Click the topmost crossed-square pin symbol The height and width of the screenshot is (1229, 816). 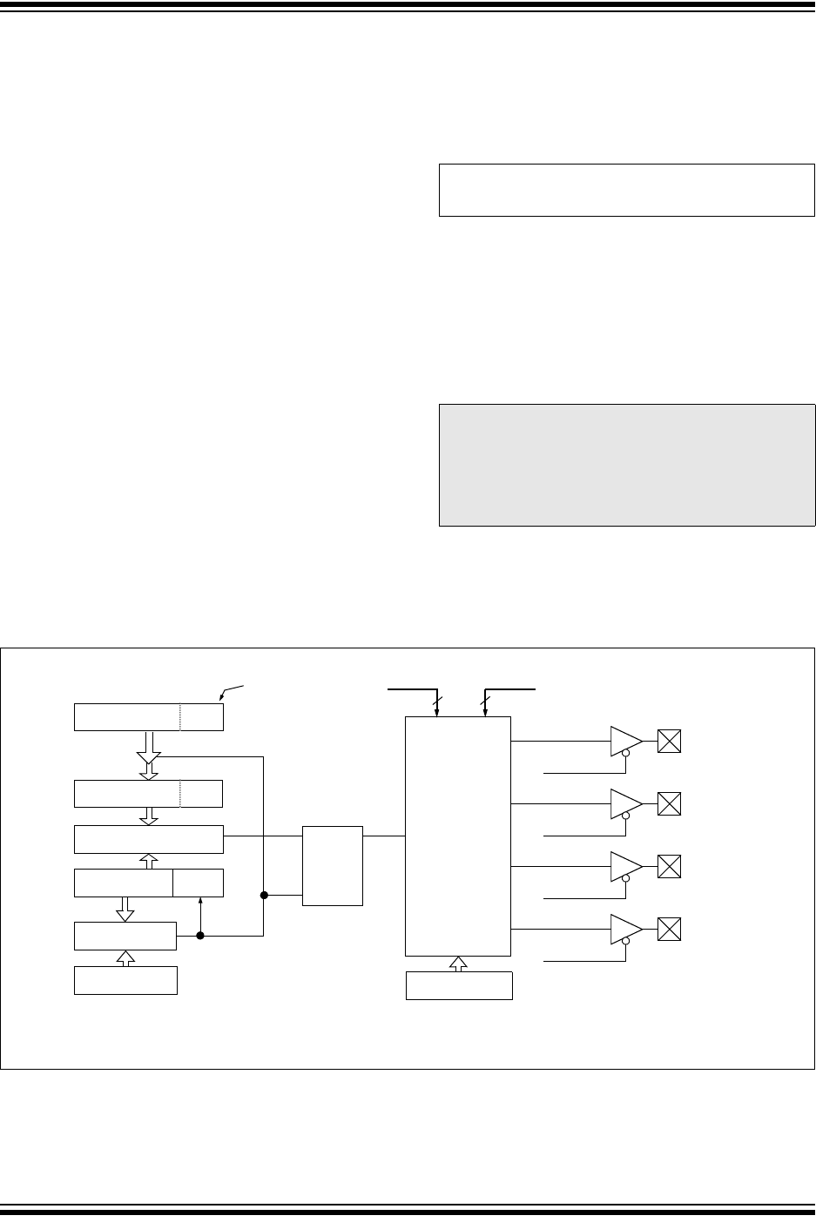tap(669, 742)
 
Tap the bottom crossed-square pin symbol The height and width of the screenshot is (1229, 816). tap(669, 929)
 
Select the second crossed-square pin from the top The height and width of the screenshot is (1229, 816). tap(669, 803)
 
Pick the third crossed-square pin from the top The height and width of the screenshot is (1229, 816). tap(669, 866)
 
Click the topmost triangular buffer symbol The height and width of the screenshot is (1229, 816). tap(624, 741)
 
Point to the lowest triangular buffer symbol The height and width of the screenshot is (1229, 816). tap(624, 929)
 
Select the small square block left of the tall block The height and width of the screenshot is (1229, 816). tap(332, 865)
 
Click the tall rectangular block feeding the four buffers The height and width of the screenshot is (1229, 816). tap(458, 836)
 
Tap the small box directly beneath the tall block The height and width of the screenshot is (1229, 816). tap(459, 985)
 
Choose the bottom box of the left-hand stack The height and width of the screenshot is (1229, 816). tap(126, 980)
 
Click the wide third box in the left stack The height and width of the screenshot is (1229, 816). tap(149, 839)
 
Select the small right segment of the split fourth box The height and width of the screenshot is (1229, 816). tap(198, 883)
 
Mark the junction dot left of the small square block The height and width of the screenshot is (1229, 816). tap(263, 894)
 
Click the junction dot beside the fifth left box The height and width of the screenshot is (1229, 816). tap(200, 936)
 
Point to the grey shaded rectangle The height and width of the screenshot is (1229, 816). tap(626, 465)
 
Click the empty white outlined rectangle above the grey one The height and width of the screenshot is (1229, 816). tap(626, 189)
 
